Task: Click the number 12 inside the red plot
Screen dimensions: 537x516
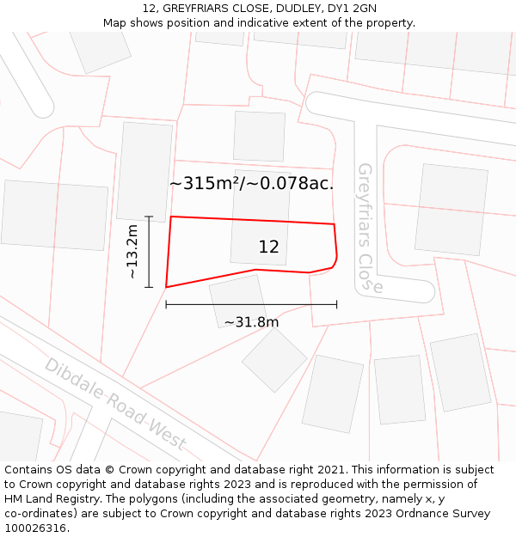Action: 268,247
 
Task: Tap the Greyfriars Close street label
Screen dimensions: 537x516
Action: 366,228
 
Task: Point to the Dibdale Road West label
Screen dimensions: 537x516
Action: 115,403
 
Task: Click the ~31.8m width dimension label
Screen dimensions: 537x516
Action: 251,322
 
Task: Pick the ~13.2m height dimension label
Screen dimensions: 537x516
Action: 132,252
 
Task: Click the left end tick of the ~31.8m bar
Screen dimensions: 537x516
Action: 166,304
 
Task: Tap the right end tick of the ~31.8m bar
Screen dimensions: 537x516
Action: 336,304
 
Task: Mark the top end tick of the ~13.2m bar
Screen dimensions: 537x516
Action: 149,217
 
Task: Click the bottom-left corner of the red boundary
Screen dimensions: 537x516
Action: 166,287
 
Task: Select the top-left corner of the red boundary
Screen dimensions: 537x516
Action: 171,217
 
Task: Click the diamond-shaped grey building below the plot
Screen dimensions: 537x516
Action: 274,360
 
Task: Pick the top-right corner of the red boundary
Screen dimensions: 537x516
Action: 334,223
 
